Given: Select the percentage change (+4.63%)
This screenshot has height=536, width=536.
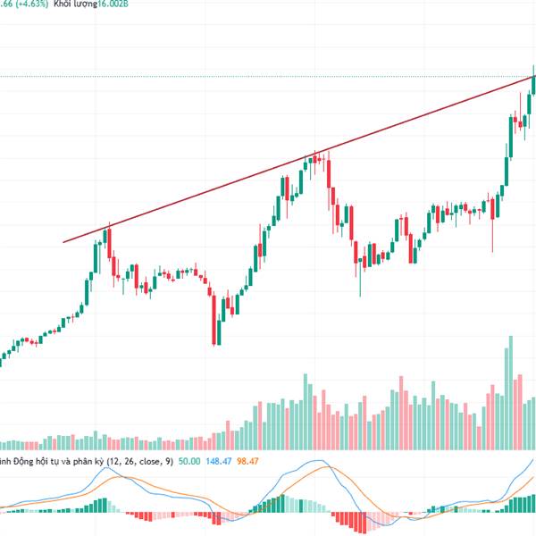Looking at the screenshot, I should coord(30,3).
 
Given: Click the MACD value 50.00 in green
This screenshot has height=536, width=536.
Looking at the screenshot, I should coord(188,461).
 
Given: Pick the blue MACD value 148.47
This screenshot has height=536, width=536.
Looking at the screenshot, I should coord(219,461).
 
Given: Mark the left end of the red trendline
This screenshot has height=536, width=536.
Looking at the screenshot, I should coord(63,241).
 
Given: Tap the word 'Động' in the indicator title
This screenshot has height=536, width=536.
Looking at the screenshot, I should coord(29,461).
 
